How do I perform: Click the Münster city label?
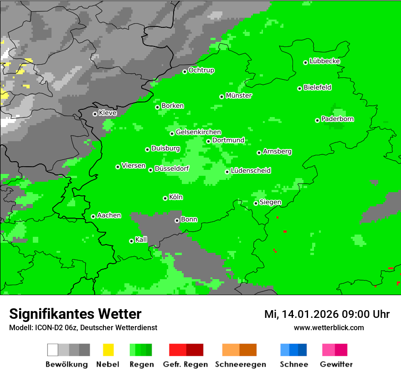coord(239,96)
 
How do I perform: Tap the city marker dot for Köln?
coord(165,198)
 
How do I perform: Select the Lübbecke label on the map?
coord(324,61)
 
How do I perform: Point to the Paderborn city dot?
coord(317,120)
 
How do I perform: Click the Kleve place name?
coord(108,112)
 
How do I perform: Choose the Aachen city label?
coord(109,215)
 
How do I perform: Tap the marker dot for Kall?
coord(131,241)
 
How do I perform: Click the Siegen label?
coord(270,202)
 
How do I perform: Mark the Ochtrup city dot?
coord(185,72)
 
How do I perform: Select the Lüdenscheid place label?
coord(251,170)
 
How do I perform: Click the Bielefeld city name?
coord(317,87)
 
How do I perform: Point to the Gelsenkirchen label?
coord(198,132)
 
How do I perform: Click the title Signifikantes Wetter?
coord(75,314)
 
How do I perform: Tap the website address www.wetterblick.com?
coord(329,327)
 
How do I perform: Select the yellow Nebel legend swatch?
coord(108,350)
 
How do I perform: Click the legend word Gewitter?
coord(336,364)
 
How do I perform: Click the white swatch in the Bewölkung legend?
coord(53,350)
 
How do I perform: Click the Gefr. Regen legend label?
coord(185,364)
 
